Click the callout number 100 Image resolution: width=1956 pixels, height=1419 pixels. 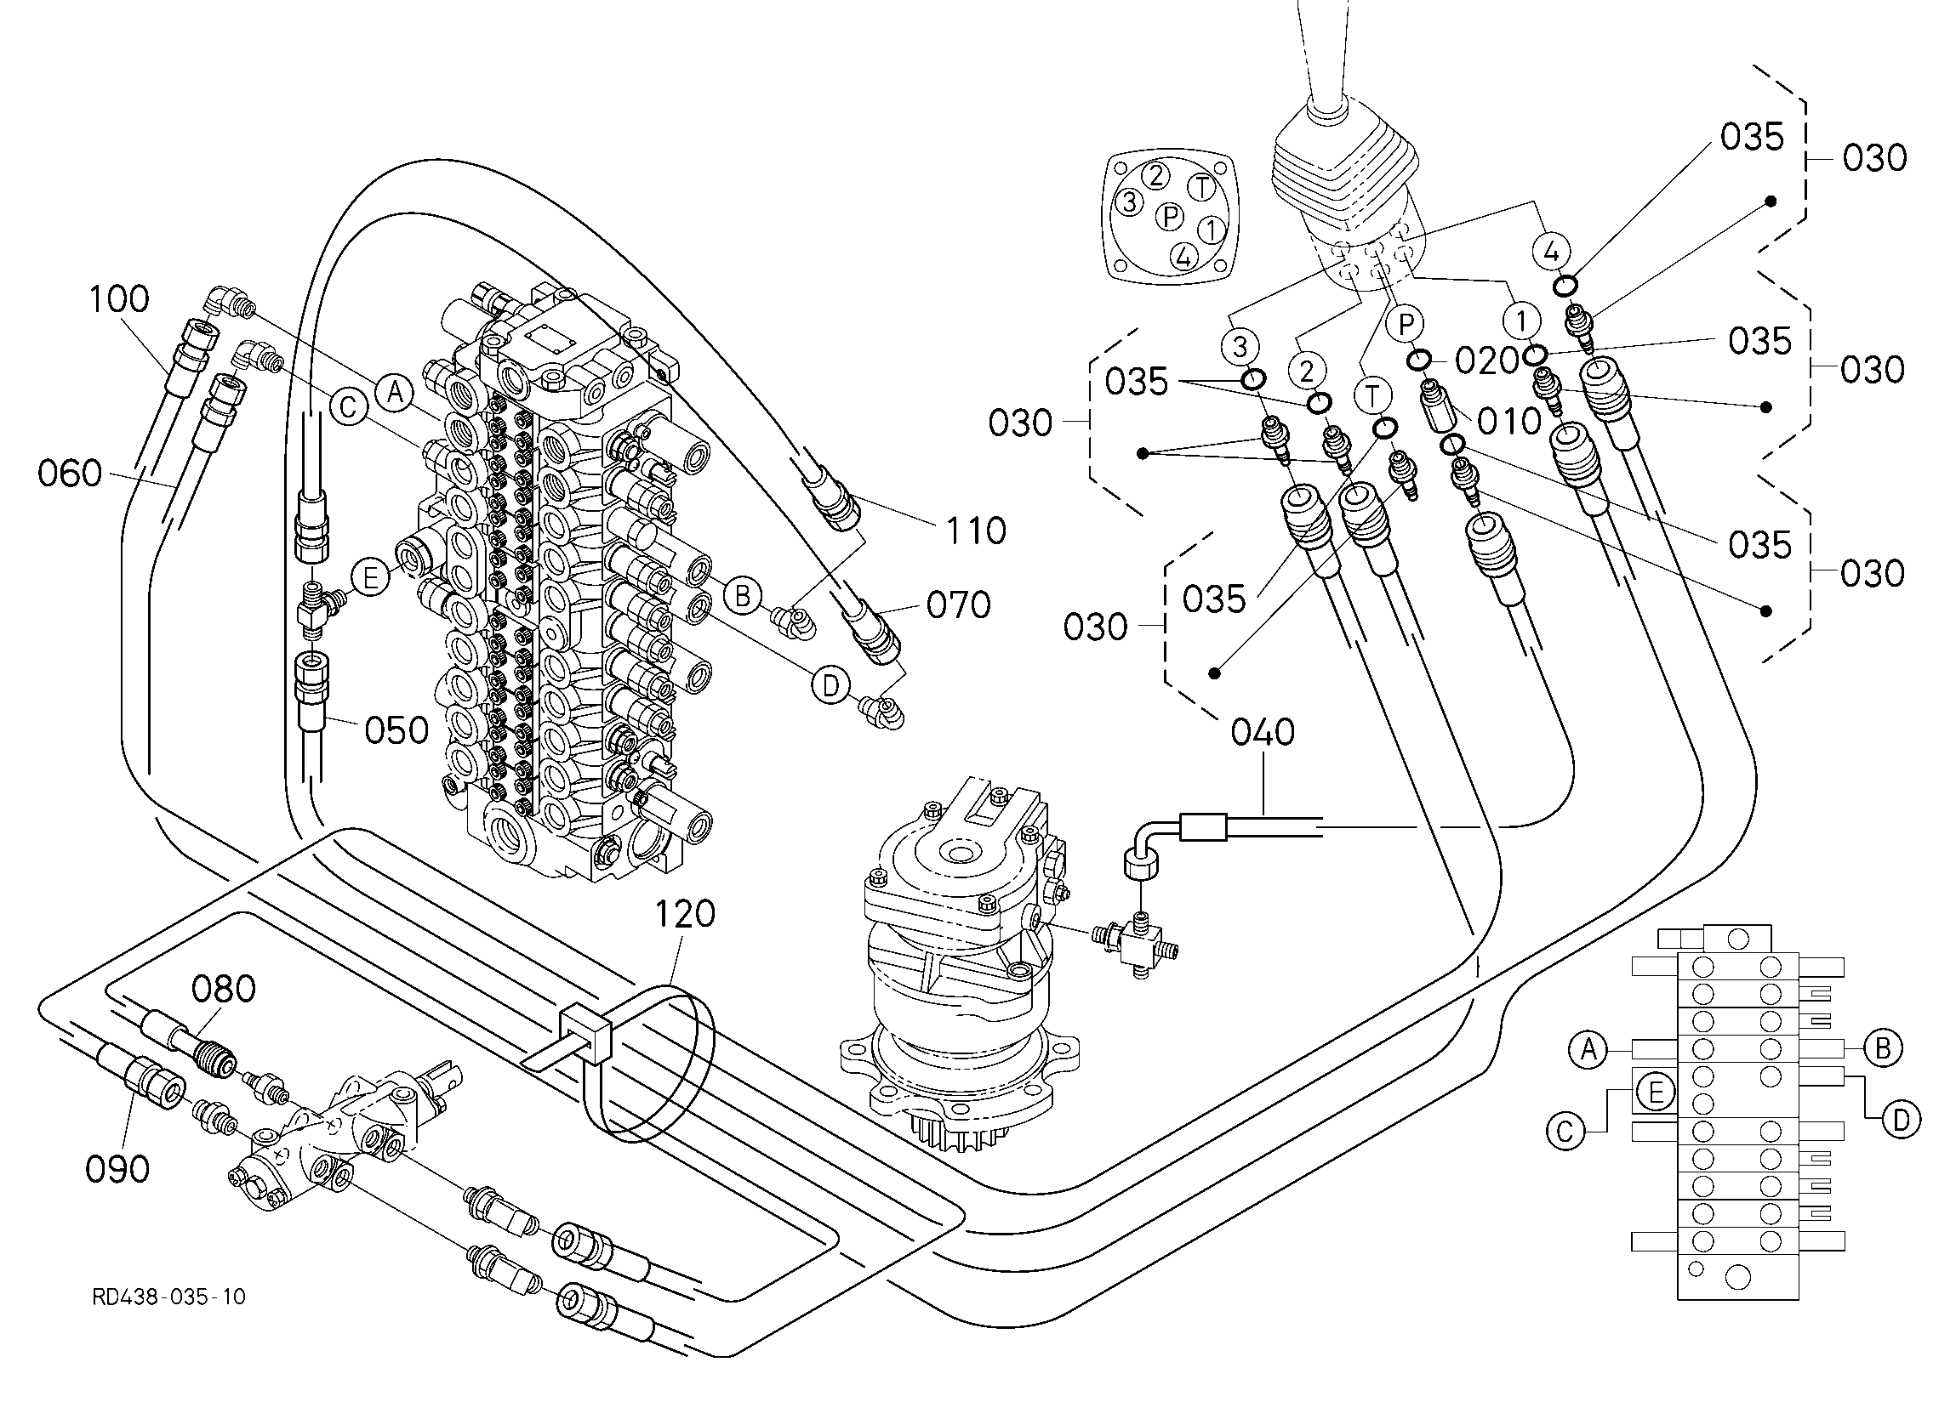(x=120, y=299)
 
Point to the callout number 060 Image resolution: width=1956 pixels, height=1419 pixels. (x=70, y=474)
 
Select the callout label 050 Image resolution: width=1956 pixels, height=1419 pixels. (x=396, y=730)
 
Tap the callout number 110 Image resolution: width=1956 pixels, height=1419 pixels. (x=976, y=531)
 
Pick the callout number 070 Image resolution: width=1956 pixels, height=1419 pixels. (x=958, y=605)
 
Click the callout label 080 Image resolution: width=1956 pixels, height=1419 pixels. (x=224, y=989)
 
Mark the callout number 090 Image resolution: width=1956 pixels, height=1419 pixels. (x=117, y=1169)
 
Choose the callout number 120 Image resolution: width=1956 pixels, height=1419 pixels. (x=686, y=914)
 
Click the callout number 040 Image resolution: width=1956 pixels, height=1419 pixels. (x=1263, y=732)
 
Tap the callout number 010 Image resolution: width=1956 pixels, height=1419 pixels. (x=1508, y=422)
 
